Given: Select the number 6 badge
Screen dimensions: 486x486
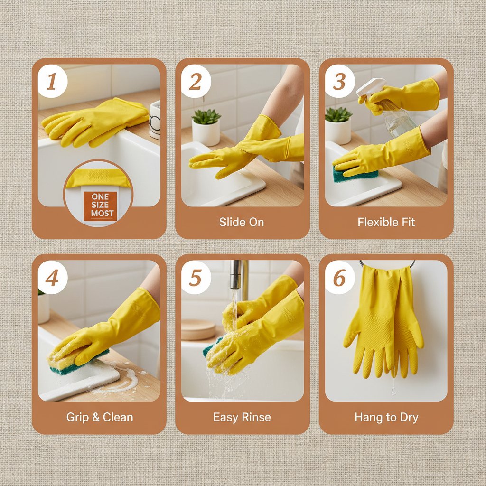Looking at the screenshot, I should pos(339,278).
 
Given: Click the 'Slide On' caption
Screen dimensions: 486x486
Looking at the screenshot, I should pos(242,222).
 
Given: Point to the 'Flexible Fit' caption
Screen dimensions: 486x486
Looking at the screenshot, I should pos(386,222).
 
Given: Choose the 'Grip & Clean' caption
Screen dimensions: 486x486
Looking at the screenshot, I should pos(100,418).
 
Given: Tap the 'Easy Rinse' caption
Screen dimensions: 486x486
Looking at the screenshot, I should pos(242,418).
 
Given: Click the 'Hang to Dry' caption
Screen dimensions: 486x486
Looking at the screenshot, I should pos(386,418).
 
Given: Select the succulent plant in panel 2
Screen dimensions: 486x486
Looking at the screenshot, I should pos(206,117).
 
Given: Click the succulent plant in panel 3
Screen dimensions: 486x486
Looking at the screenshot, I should pos(338,114).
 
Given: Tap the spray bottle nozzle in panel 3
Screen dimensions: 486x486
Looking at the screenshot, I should pos(368,88).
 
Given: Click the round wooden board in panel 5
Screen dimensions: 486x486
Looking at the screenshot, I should pos(198,329).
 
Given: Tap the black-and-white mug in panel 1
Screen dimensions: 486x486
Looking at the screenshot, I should pos(155,121).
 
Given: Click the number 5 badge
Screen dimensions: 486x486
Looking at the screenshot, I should pos(196,278).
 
